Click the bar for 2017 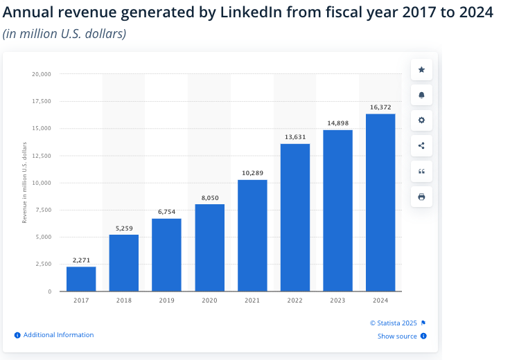coord(81,278)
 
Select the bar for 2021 coord(252,235)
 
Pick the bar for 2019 coord(166,255)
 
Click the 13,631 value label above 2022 coord(295,136)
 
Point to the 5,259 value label coord(124,227)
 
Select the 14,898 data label coord(337,123)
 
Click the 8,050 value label coord(209,197)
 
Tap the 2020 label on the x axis coord(209,300)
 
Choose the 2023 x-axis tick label coord(337,300)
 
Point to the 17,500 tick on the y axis coord(42,101)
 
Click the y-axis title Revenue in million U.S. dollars coord(25,182)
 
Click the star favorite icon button coord(421,69)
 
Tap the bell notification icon coord(421,95)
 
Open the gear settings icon coord(421,120)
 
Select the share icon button coord(421,145)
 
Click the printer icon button coord(421,197)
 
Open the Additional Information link coord(58,335)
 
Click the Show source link coord(397,336)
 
